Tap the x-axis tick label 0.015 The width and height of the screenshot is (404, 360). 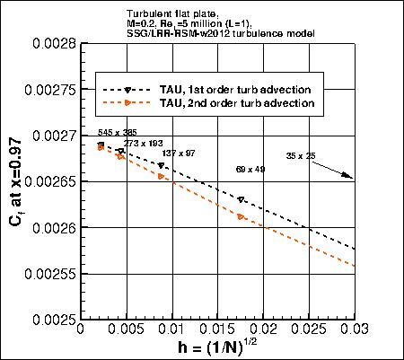[216, 330]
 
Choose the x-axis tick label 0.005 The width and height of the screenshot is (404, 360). [125, 330]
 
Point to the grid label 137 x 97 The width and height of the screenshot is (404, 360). [178, 154]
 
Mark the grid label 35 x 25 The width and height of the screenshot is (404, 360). [307, 156]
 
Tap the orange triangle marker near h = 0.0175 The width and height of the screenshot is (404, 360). [241, 216]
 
